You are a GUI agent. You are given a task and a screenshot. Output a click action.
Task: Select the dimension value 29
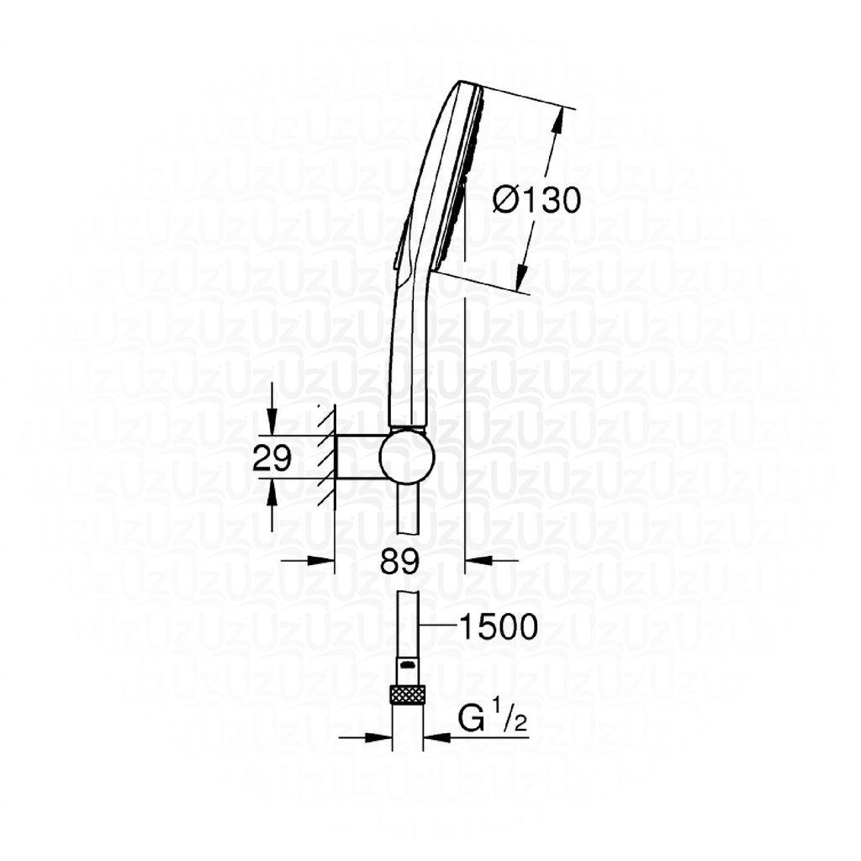[272, 458]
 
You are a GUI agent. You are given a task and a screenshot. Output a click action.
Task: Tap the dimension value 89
[399, 561]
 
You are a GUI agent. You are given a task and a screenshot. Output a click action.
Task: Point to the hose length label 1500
[498, 626]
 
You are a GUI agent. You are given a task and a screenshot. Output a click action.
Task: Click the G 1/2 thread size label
[493, 720]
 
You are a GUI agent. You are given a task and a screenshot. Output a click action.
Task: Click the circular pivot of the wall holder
[407, 457]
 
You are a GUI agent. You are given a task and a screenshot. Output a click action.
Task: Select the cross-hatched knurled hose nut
[408, 695]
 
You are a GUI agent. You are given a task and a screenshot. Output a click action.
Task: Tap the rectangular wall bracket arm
[358, 457]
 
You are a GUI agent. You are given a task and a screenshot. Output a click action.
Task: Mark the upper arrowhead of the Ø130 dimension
[557, 122]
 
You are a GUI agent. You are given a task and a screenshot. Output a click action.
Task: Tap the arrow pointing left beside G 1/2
[437, 737]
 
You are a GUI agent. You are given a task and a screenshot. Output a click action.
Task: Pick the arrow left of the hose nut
[380, 737]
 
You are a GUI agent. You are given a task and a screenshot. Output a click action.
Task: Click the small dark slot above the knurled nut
[408, 664]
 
